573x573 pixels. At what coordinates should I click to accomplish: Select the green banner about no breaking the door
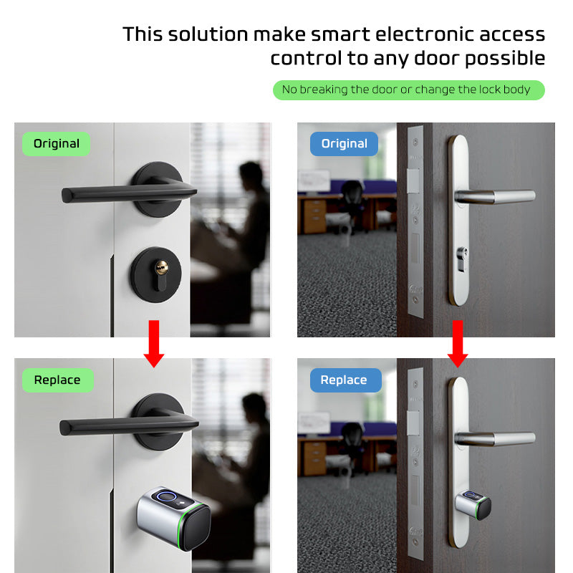[408, 90]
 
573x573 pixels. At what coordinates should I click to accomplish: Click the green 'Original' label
[56, 143]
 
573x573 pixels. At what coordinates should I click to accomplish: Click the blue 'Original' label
[344, 143]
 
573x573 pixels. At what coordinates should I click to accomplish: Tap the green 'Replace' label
[57, 380]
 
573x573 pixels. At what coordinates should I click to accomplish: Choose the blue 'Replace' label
[344, 380]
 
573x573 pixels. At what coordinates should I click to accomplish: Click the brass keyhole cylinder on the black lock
[162, 269]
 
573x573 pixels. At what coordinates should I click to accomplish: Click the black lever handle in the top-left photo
[122, 192]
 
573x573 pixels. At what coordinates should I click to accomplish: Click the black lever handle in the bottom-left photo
[122, 425]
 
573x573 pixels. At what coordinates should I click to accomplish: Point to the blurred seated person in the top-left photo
[247, 215]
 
